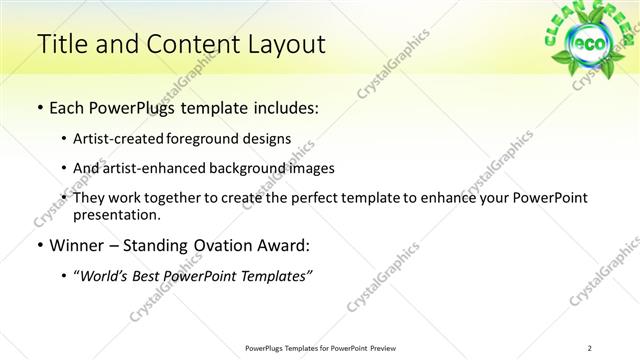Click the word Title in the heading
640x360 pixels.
(x=62, y=44)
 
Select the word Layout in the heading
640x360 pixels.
(x=277, y=44)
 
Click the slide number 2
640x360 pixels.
(x=591, y=348)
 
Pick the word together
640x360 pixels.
(x=190, y=198)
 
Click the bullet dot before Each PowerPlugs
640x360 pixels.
(x=39, y=108)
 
